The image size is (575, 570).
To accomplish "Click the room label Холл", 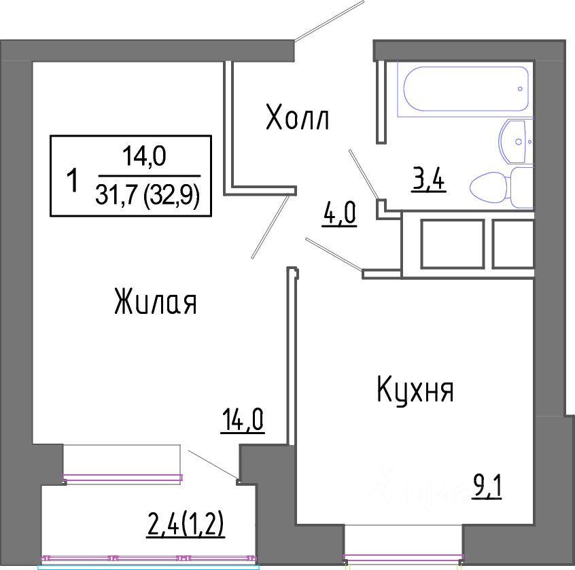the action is [297, 118].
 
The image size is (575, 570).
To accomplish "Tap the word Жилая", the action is [156, 301].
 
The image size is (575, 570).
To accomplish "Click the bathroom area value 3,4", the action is [428, 179].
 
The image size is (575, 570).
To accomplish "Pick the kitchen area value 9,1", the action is [487, 486].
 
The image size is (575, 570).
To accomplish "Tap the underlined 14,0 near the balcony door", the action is [243, 421].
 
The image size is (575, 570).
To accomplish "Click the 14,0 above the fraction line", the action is [144, 156].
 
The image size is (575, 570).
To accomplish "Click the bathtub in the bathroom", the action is [466, 89].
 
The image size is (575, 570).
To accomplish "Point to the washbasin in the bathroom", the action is [516, 141].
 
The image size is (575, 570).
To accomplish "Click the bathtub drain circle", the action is [520, 89].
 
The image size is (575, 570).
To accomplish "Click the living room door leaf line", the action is [270, 227].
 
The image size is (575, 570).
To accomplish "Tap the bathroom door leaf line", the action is [363, 175].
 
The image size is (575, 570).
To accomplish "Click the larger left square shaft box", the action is [452, 244].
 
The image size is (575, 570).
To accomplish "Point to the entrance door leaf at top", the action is [329, 20].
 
